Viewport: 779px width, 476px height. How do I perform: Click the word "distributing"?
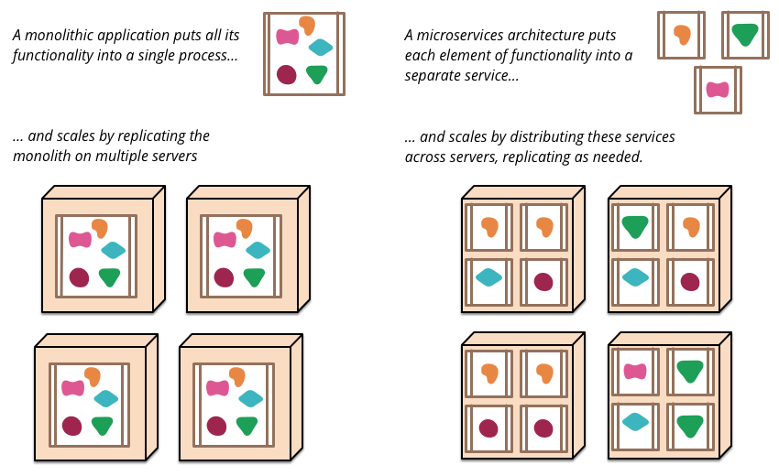pos(526,137)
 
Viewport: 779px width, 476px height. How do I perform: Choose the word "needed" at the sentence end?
pos(620,157)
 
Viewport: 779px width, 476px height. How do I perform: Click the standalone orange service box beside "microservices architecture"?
pos(681,35)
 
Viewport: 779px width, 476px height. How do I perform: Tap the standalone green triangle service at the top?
pos(745,35)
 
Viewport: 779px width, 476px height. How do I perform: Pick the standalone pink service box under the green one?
pos(718,90)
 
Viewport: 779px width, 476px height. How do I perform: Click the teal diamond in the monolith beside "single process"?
pos(320,48)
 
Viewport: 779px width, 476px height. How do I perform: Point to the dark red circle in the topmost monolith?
pos(286,74)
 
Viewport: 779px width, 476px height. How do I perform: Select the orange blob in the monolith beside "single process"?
pos(305,27)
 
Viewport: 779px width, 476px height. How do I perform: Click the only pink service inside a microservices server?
pos(635,371)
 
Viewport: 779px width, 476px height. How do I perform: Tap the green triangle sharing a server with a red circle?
pos(635,225)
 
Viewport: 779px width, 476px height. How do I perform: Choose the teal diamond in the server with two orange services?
pos(488,276)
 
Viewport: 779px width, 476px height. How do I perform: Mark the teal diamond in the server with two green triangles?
pos(635,422)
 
